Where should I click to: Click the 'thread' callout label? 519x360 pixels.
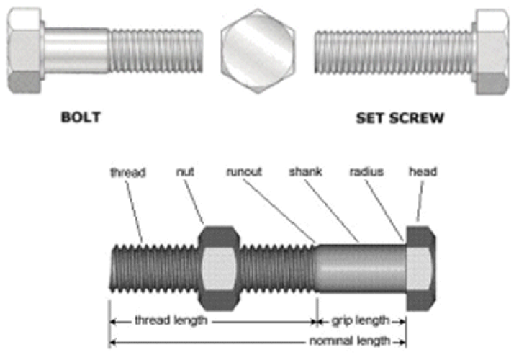pos(127,172)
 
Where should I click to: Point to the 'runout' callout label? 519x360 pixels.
pos(245,172)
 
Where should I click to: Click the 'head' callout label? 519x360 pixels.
pos(423,172)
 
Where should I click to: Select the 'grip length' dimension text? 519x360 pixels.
pos(361,320)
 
